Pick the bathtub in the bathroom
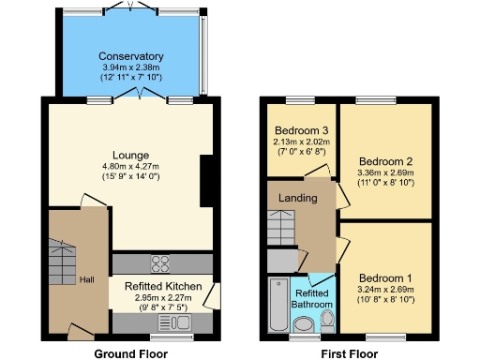tap(278, 306)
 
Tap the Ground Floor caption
tap(130, 353)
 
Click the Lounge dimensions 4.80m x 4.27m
tap(129, 167)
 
